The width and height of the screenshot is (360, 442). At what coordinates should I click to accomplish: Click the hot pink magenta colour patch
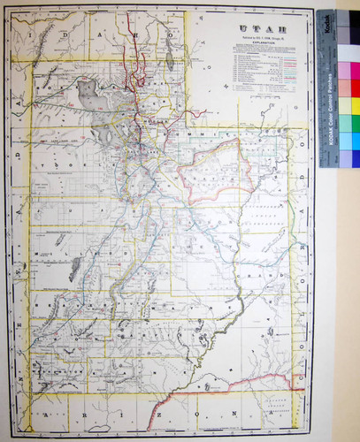pyautogui.click(x=354, y=71)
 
